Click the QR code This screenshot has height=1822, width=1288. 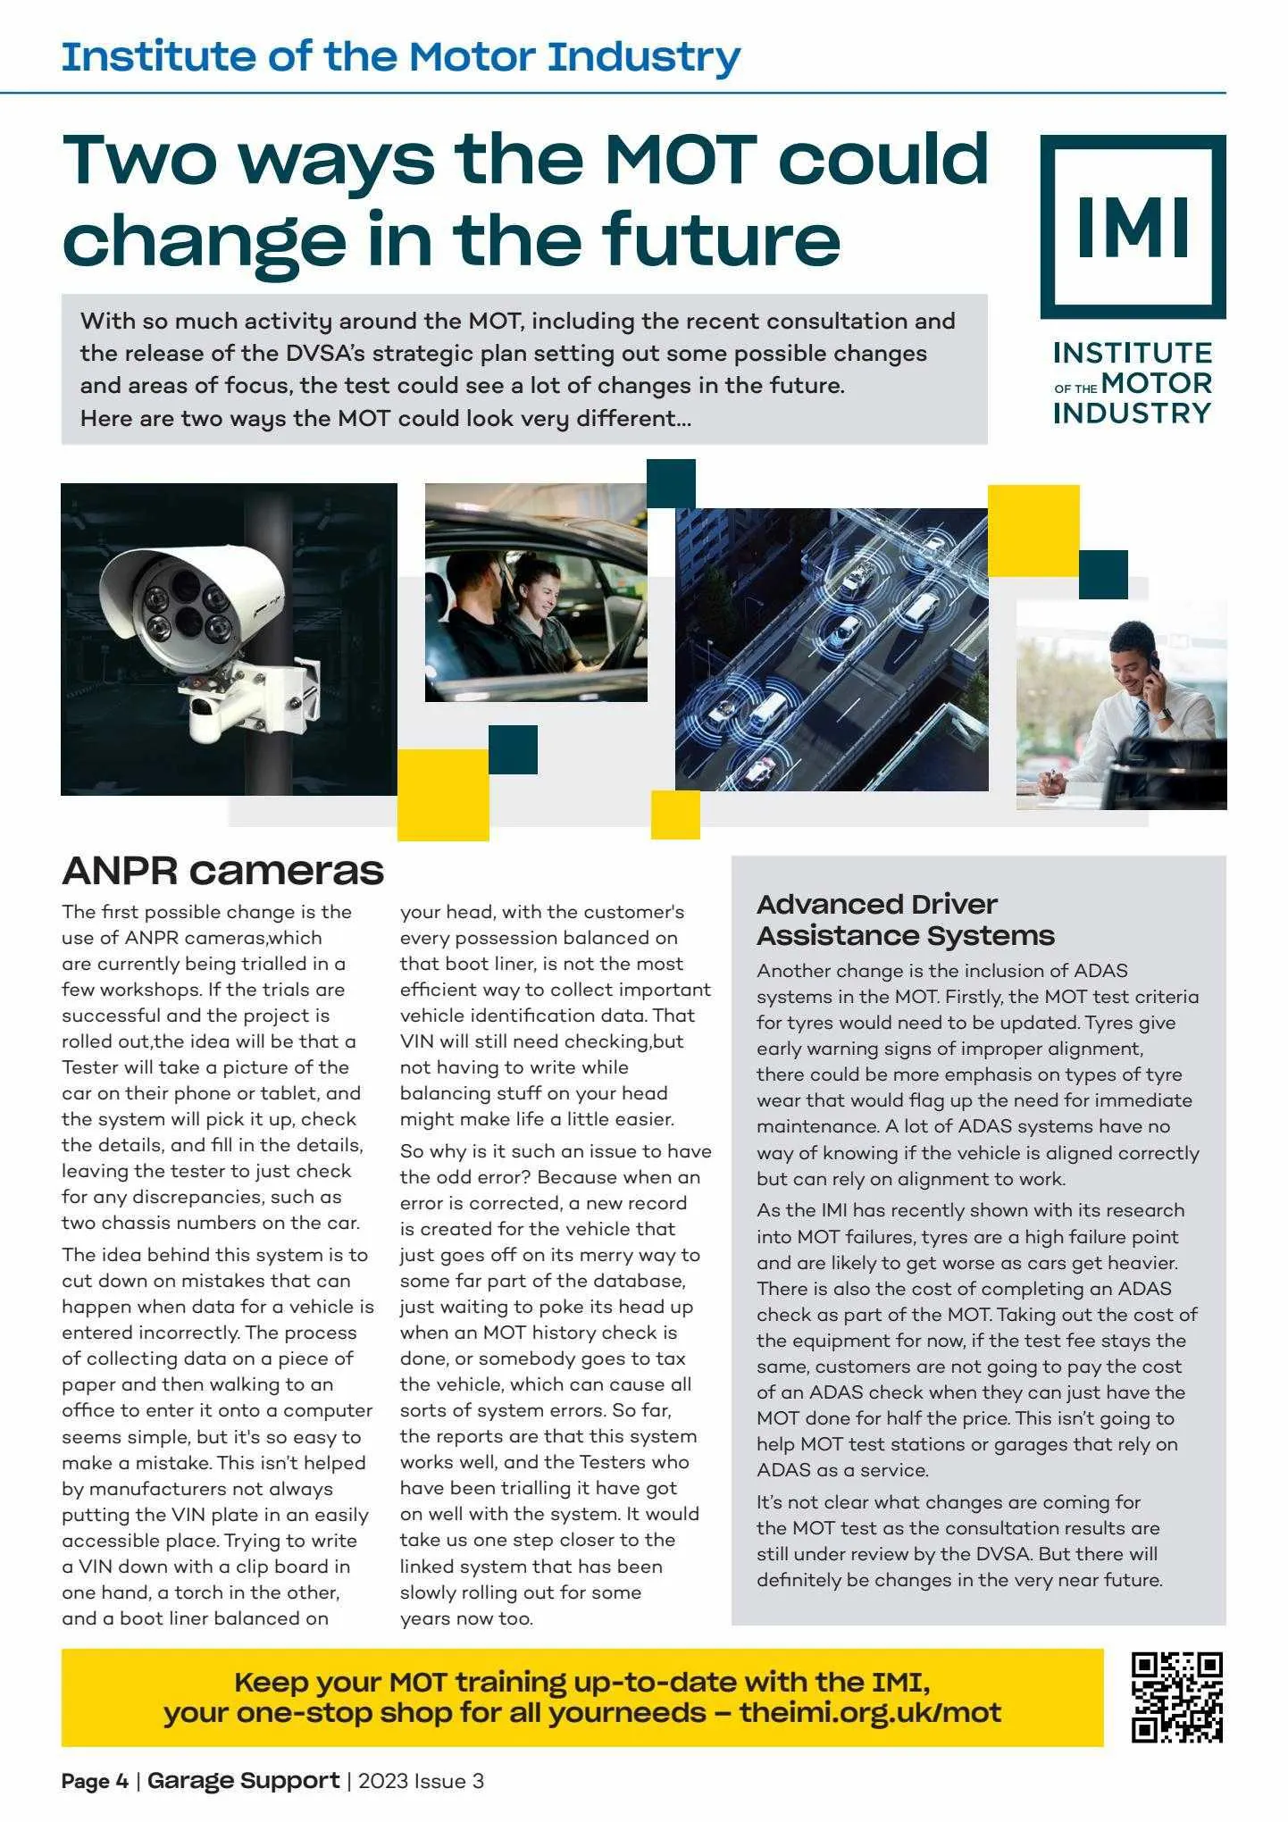[x=1176, y=1697]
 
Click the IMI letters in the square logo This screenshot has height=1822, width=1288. [x=1133, y=227]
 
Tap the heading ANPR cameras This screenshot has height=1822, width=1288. [x=222, y=871]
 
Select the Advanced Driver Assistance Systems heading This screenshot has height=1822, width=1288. [x=905, y=920]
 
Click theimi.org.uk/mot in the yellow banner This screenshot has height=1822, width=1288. [x=869, y=1712]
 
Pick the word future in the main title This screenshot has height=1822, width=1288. [x=721, y=239]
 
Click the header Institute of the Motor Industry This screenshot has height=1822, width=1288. [x=400, y=56]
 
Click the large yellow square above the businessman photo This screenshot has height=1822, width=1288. [x=1033, y=531]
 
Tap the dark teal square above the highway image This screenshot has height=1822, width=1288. [x=671, y=483]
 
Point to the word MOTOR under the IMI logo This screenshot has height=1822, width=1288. [x=1156, y=384]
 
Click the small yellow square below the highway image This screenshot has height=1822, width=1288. [x=675, y=815]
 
